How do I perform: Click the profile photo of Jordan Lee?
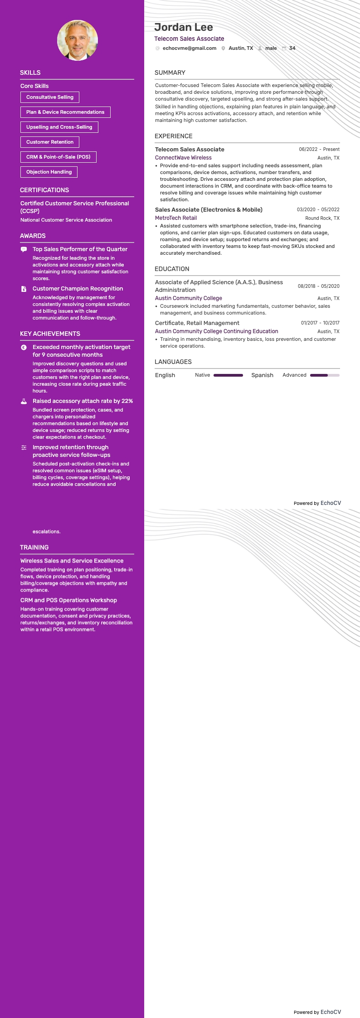click(x=78, y=40)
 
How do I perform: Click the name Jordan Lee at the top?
click(x=183, y=27)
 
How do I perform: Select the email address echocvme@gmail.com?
click(x=189, y=48)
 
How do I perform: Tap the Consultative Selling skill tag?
click(x=50, y=97)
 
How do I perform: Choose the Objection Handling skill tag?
click(x=49, y=172)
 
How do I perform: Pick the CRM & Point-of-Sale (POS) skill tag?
click(x=58, y=157)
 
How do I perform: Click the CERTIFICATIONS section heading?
click(x=44, y=190)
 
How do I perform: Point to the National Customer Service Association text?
click(x=66, y=220)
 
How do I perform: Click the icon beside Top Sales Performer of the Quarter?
click(x=24, y=249)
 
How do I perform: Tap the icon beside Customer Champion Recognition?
click(x=24, y=289)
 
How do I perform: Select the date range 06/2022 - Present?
click(x=319, y=149)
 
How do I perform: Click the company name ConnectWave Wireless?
click(x=183, y=158)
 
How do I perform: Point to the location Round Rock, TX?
click(x=322, y=218)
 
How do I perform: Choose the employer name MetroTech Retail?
click(x=176, y=218)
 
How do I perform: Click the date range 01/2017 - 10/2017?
click(x=320, y=323)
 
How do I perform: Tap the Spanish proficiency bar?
click(x=325, y=375)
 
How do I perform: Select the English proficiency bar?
click(x=228, y=375)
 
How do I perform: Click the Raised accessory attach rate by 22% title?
click(x=83, y=401)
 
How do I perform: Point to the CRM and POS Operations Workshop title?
click(x=68, y=600)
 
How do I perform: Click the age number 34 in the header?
click(x=292, y=48)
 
